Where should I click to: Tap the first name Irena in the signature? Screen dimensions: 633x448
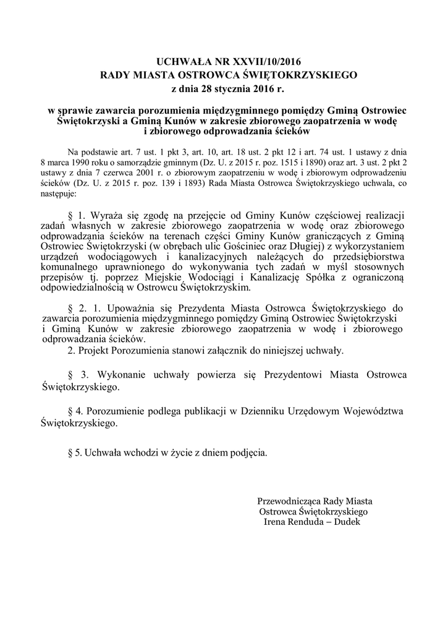tap(275, 522)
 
